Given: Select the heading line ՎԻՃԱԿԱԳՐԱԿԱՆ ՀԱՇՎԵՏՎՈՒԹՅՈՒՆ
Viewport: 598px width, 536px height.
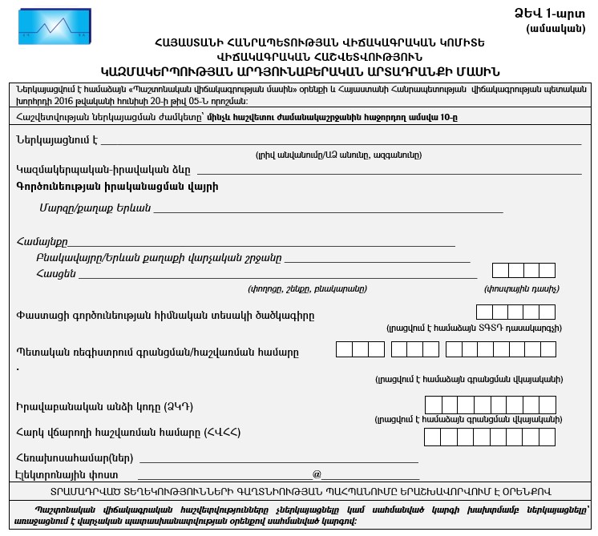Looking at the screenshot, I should click(298, 56).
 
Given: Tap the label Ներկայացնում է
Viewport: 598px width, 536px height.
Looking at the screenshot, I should click(56, 140).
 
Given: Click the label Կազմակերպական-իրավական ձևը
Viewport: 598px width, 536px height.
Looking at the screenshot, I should click(103, 170).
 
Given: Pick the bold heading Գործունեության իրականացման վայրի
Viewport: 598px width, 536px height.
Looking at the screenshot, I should click(116, 186).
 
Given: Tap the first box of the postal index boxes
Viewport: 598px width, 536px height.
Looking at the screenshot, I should click(500, 271).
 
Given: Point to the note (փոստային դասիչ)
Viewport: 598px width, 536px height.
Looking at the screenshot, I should click(522, 288).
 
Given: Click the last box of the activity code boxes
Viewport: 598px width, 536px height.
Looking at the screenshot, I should click(547, 312).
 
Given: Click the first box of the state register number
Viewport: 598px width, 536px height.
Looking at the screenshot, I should click(344, 349).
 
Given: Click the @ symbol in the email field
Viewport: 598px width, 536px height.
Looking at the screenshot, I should click(317, 474).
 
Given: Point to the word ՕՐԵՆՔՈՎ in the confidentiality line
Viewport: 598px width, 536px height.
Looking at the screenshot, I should click(523, 490).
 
